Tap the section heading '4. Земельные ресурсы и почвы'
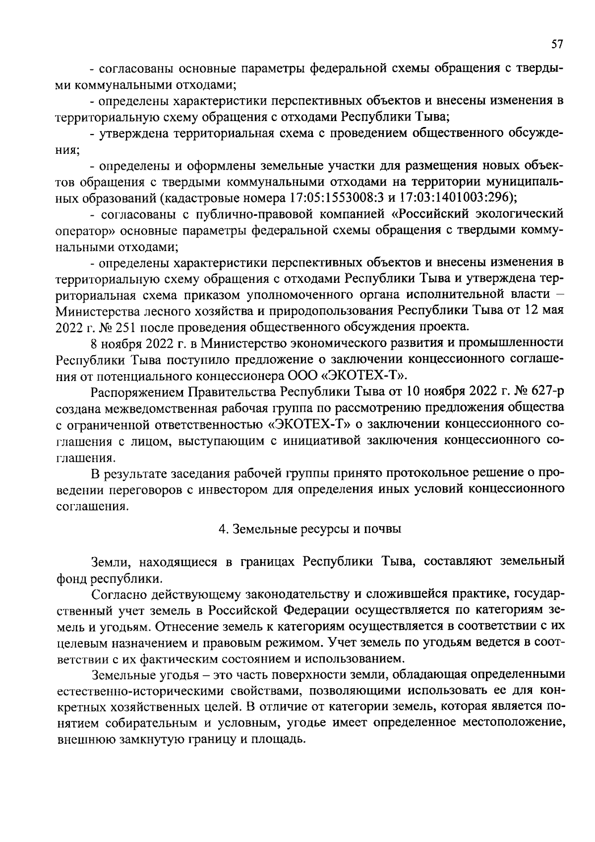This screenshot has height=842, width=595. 310,529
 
